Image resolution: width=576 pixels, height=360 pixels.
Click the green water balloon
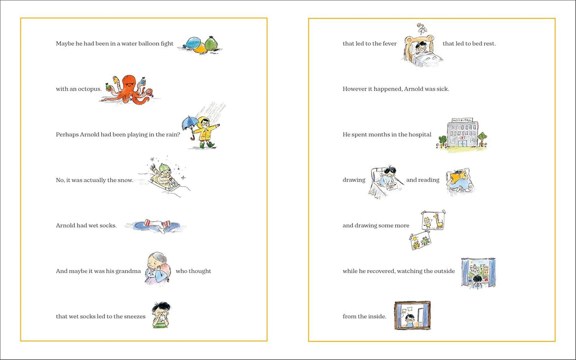(211, 43)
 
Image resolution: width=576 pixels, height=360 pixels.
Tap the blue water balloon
(191, 43)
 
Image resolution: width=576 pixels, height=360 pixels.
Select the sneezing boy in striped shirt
(161, 315)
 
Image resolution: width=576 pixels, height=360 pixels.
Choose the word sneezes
(134, 316)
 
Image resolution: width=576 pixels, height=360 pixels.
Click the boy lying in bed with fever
(422, 50)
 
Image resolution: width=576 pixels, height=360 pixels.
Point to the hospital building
(463, 133)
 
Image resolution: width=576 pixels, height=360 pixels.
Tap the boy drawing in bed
(386, 182)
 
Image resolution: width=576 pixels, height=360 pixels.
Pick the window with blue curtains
(478, 273)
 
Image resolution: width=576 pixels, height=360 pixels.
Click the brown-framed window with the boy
(412, 315)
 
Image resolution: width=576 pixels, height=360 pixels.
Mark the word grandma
(128, 271)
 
